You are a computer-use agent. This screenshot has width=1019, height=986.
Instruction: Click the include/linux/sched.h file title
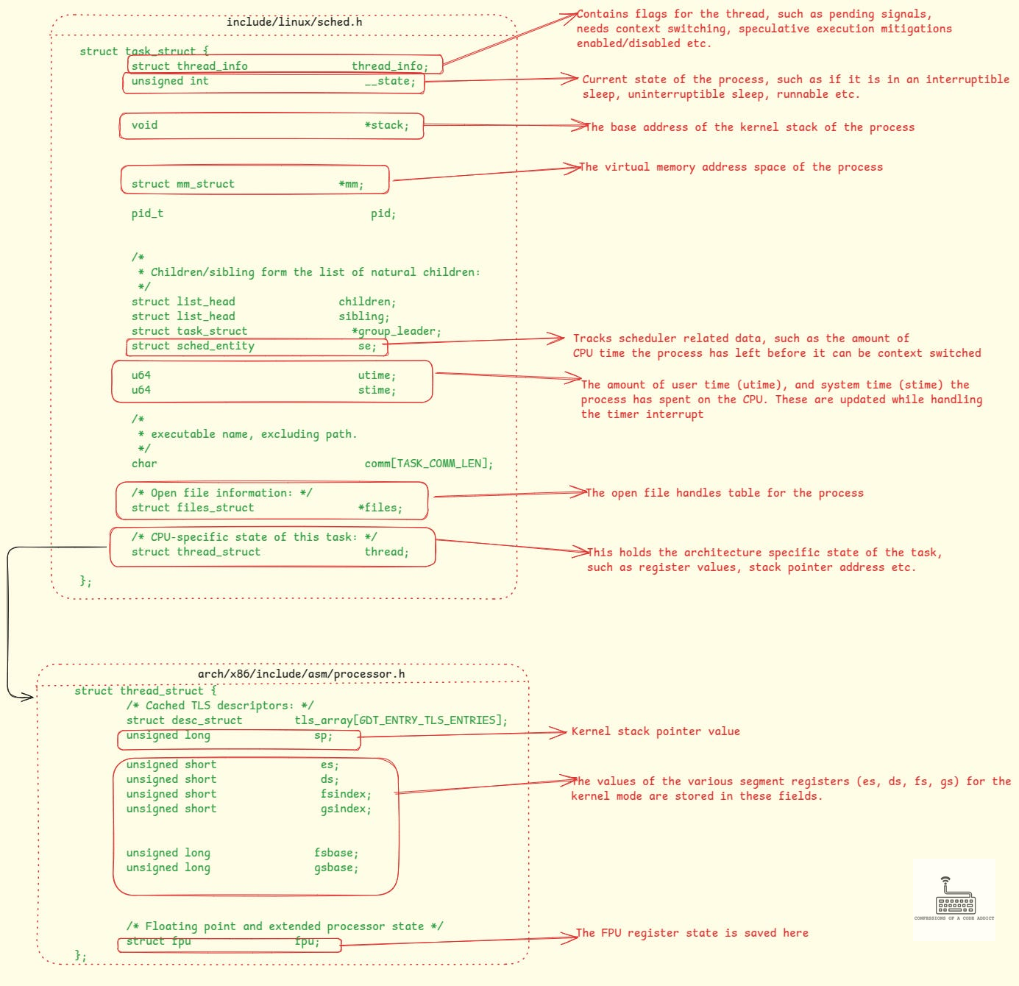pyautogui.click(x=294, y=22)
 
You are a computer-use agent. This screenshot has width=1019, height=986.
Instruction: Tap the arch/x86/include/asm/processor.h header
pyautogui.click(x=301, y=674)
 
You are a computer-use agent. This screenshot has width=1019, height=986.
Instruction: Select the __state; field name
pyautogui.click(x=390, y=81)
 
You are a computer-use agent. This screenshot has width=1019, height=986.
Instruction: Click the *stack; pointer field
pyautogui.click(x=386, y=125)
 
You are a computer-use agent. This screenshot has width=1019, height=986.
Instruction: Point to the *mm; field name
pyautogui.click(x=351, y=184)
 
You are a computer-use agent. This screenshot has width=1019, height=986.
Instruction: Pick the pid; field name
pyautogui.click(x=383, y=213)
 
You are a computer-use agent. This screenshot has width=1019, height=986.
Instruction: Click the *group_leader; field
pyautogui.click(x=397, y=331)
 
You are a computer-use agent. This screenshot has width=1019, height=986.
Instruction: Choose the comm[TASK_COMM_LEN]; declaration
pyautogui.click(x=429, y=464)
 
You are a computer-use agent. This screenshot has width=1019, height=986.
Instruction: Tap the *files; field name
pyautogui.click(x=380, y=508)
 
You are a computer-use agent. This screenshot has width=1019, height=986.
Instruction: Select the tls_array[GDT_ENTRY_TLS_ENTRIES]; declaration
pyautogui.click(x=401, y=720)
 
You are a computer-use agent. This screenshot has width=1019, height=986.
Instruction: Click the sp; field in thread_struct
pyautogui.click(x=323, y=735)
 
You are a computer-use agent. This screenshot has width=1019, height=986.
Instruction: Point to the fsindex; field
pyautogui.click(x=346, y=794)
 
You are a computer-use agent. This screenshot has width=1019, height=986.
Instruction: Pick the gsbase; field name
pyautogui.click(x=336, y=868)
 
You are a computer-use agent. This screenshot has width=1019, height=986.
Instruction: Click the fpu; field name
pyautogui.click(x=307, y=941)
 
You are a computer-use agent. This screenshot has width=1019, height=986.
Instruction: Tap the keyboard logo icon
pyautogui.click(x=954, y=898)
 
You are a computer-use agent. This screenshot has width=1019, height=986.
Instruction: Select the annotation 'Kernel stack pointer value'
pyautogui.click(x=656, y=731)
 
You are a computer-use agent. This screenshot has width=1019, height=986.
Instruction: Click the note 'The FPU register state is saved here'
pyautogui.click(x=692, y=932)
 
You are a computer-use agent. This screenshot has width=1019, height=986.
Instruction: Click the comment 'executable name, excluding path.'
pyautogui.click(x=254, y=434)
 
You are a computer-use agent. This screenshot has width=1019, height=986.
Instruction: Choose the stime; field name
pyautogui.click(x=377, y=390)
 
